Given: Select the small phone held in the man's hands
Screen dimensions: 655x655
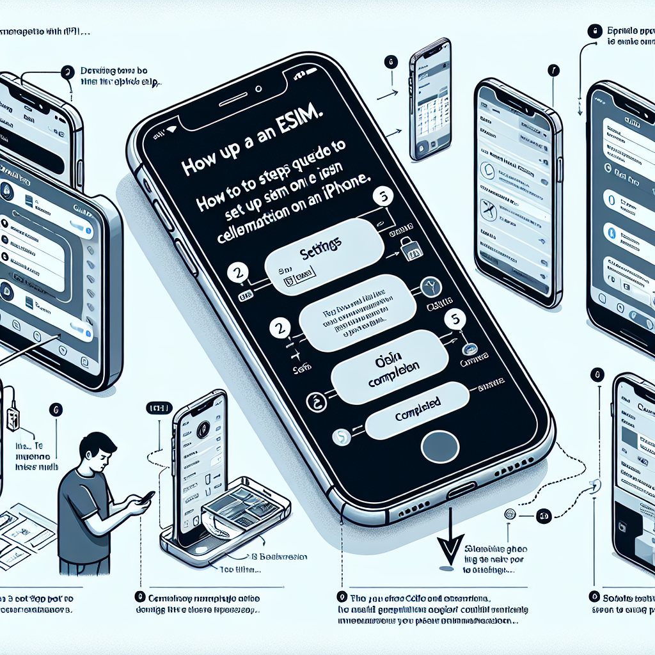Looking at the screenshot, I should click(146, 497).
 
